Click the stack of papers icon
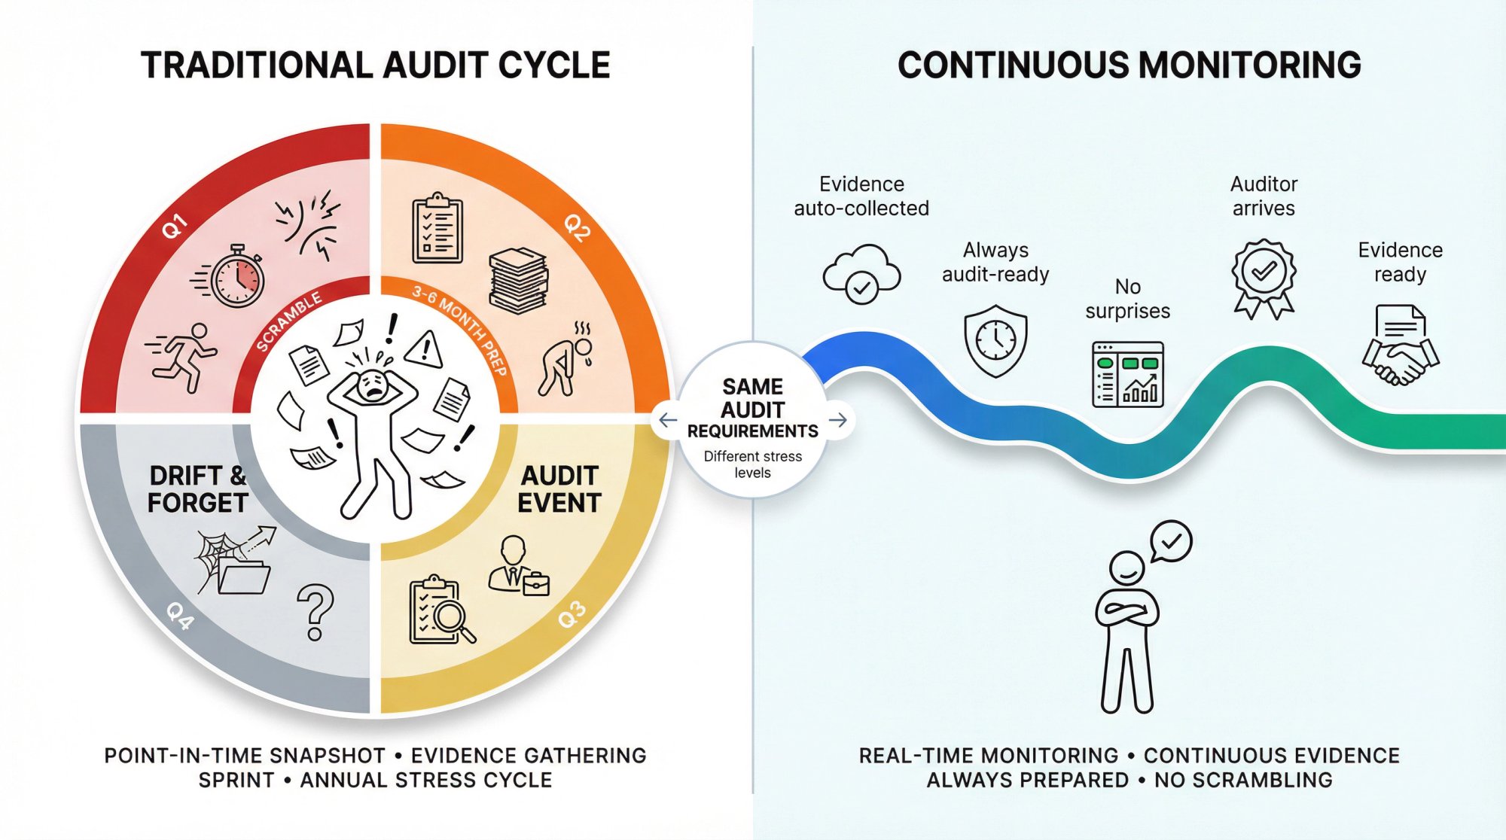[x=518, y=281]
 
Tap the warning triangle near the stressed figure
[x=424, y=348]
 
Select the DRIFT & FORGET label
[x=198, y=489]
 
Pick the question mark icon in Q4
[x=316, y=611]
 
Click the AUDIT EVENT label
[x=559, y=489]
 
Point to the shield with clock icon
[x=995, y=340]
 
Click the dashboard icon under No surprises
[x=1128, y=374]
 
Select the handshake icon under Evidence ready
[x=1400, y=346]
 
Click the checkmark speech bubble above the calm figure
[x=1171, y=541]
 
